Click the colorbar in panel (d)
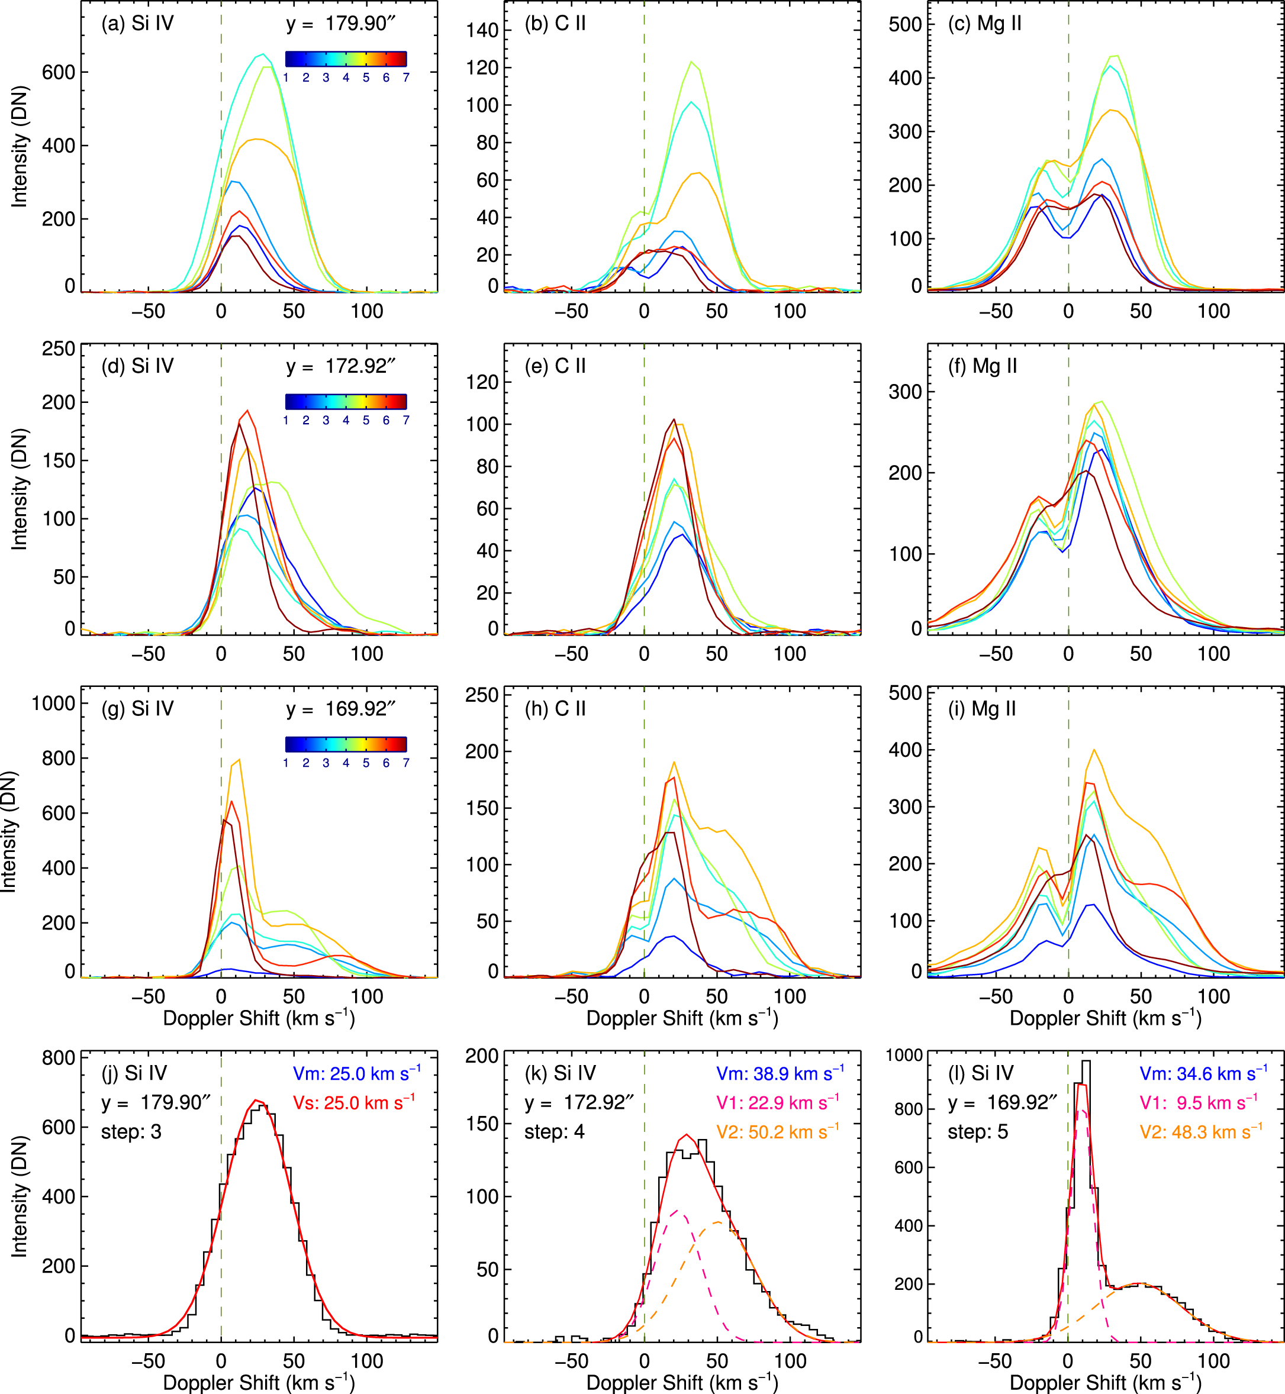346,401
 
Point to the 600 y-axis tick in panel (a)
59,72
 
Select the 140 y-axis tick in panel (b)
482,31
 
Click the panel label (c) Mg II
984,24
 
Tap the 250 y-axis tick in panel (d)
59,349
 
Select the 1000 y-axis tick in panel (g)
53,704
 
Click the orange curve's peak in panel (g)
239,760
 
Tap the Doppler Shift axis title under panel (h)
682,1019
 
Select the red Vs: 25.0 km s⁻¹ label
354,1103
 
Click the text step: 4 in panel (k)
553,1132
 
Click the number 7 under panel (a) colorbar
405,78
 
